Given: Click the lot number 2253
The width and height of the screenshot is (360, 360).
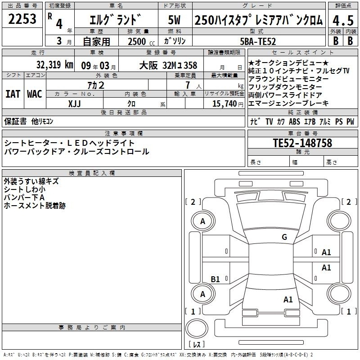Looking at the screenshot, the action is pyautogui.click(x=22, y=19).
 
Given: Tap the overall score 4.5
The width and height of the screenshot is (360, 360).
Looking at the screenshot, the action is pyautogui.click(x=343, y=20).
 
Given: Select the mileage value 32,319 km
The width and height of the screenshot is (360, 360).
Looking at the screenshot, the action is pyautogui.click(x=54, y=65).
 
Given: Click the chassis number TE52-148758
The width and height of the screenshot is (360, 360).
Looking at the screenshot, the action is pyautogui.click(x=302, y=143).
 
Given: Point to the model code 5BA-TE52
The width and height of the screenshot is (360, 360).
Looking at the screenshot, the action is pyautogui.click(x=258, y=41).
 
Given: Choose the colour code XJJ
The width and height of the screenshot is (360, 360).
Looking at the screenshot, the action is pyautogui.click(x=74, y=104).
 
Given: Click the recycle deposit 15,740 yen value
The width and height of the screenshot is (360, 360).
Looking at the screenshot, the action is pyautogui.click(x=228, y=104).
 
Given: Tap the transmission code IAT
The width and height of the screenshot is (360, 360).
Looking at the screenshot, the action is pyautogui.click(x=13, y=94).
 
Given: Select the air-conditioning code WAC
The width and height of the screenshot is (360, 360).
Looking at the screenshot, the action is pyautogui.click(x=35, y=94).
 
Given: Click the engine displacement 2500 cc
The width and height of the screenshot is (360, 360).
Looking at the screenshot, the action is pyautogui.click(x=141, y=41).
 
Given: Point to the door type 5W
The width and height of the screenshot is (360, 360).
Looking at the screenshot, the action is pyautogui.click(x=174, y=20).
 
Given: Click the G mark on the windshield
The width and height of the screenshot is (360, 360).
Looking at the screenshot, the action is pyautogui.click(x=284, y=237).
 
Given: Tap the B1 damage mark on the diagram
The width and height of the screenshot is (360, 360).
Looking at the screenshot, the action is pyautogui.click(x=215, y=279).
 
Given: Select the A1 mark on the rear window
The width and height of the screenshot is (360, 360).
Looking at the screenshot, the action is pyautogui.click(x=288, y=299).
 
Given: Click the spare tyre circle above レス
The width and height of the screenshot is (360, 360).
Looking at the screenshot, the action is pyautogui.click(x=197, y=328).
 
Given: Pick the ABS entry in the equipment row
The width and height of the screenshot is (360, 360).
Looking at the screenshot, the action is pyautogui.click(x=294, y=121).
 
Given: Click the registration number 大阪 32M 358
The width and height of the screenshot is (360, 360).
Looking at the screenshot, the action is pyautogui.click(x=168, y=65).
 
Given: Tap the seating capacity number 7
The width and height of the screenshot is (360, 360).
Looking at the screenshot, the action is pyautogui.click(x=188, y=85).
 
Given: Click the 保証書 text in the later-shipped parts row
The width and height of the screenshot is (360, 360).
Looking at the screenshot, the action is pyautogui.click(x=15, y=121).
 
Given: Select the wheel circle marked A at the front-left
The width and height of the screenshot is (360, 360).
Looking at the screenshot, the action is pyautogui.click(x=203, y=221).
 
